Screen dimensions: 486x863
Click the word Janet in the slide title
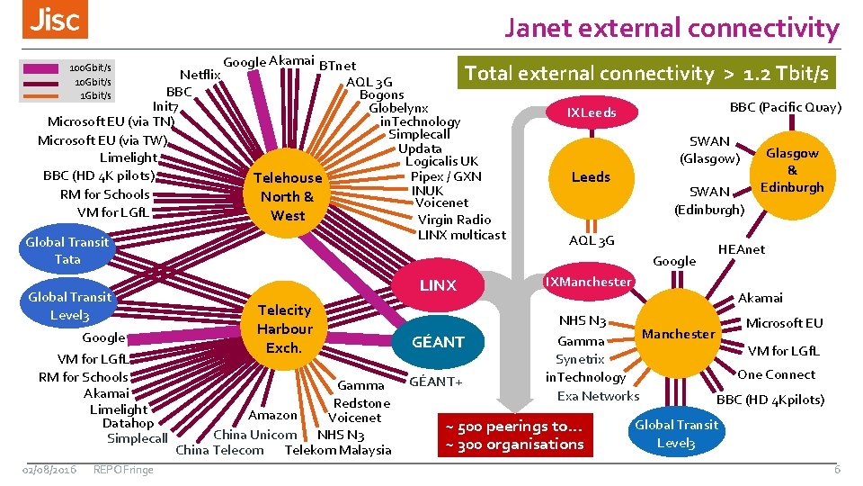point(538,28)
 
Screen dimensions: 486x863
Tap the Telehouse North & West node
point(288,196)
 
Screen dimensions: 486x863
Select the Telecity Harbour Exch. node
point(284,328)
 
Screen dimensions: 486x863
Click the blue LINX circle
point(438,285)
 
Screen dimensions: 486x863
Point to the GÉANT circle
point(438,342)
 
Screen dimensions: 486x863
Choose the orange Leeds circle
point(591,177)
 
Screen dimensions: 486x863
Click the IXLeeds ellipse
point(592,113)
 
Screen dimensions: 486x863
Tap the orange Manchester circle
point(679,334)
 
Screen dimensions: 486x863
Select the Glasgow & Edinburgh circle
point(791,170)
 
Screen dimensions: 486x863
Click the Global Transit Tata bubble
point(67,250)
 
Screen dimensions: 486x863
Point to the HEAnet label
point(741,249)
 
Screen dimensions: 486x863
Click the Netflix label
point(201,75)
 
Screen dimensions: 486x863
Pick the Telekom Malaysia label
point(338,450)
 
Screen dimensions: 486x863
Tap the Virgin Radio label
point(454,220)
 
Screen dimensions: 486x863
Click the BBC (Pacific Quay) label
point(785,107)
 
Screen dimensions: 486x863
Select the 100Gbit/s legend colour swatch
point(40,68)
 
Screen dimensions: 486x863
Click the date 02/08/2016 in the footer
point(49,469)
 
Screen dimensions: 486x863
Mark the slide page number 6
point(836,469)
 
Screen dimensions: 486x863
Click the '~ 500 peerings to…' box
point(516,435)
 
